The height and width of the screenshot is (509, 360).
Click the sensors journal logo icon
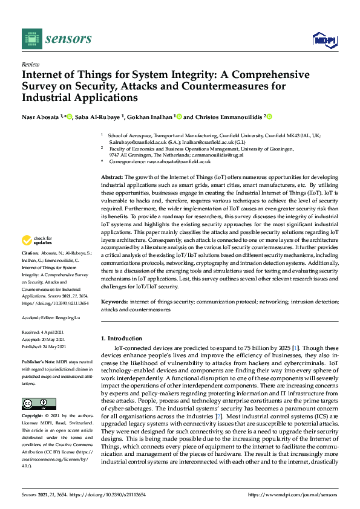point(30,39)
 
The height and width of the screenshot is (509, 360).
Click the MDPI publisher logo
point(324,40)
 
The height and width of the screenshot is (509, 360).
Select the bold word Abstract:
point(114,175)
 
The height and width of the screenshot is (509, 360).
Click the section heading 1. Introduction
point(122,339)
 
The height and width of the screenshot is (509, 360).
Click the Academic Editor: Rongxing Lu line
point(51,317)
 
